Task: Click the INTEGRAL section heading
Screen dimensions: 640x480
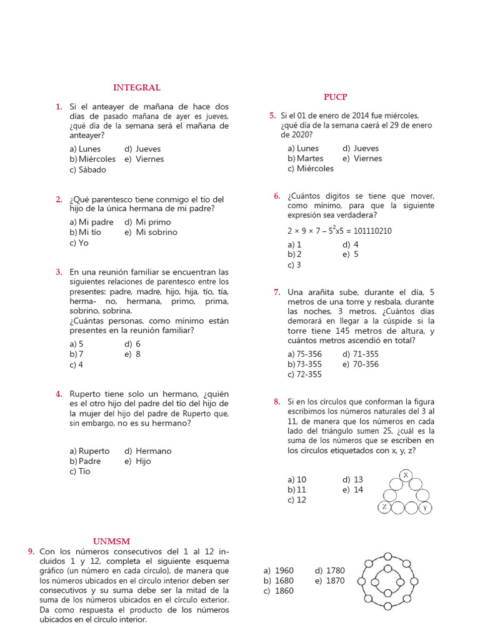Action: (136, 87)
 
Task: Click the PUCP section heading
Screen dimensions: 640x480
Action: (335, 97)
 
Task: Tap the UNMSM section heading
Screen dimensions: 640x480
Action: (111, 541)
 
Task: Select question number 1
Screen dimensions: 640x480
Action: (59, 107)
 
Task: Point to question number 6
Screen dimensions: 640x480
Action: (277, 196)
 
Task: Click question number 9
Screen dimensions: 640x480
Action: (31, 551)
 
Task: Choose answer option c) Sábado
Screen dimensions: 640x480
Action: (88, 169)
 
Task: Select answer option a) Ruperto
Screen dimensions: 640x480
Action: (89, 451)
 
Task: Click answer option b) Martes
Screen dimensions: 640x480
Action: (306, 158)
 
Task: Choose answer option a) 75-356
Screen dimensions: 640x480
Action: (305, 354)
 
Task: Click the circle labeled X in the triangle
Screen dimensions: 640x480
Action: (406, 476)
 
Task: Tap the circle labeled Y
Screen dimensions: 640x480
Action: (424, 507)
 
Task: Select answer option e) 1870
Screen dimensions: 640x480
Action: (330, 581)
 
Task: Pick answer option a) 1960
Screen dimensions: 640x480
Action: (279, 571)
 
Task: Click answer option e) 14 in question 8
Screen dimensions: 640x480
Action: (352, 490)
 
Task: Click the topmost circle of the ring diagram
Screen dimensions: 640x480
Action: (387, 556)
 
